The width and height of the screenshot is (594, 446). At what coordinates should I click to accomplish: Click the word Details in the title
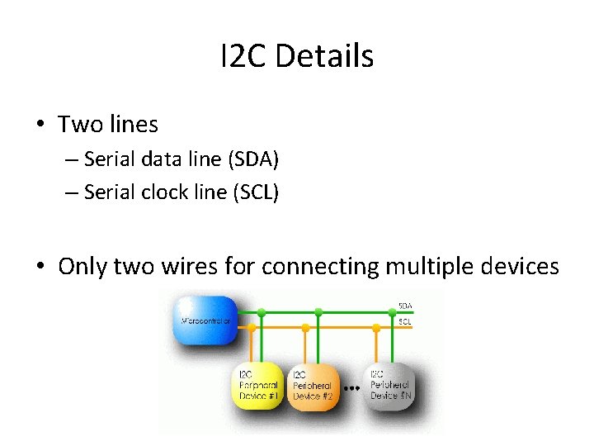point(324,56)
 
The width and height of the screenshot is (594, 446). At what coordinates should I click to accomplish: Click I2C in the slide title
point(243,56)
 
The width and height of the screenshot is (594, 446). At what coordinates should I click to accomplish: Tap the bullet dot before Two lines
point(40,126)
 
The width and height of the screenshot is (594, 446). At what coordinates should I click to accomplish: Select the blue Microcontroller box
point(204,320)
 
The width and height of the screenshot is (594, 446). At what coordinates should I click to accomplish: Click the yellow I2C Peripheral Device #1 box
point(260,385)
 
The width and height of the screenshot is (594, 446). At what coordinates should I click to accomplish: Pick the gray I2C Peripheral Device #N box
point(390,385)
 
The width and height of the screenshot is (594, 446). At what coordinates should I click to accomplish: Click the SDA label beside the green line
point(405,306)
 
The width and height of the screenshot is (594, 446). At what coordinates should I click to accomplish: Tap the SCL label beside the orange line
point(405,321)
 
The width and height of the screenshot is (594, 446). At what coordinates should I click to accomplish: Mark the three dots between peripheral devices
point(352,386)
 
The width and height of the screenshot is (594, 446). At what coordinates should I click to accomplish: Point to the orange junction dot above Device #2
point(305,328)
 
